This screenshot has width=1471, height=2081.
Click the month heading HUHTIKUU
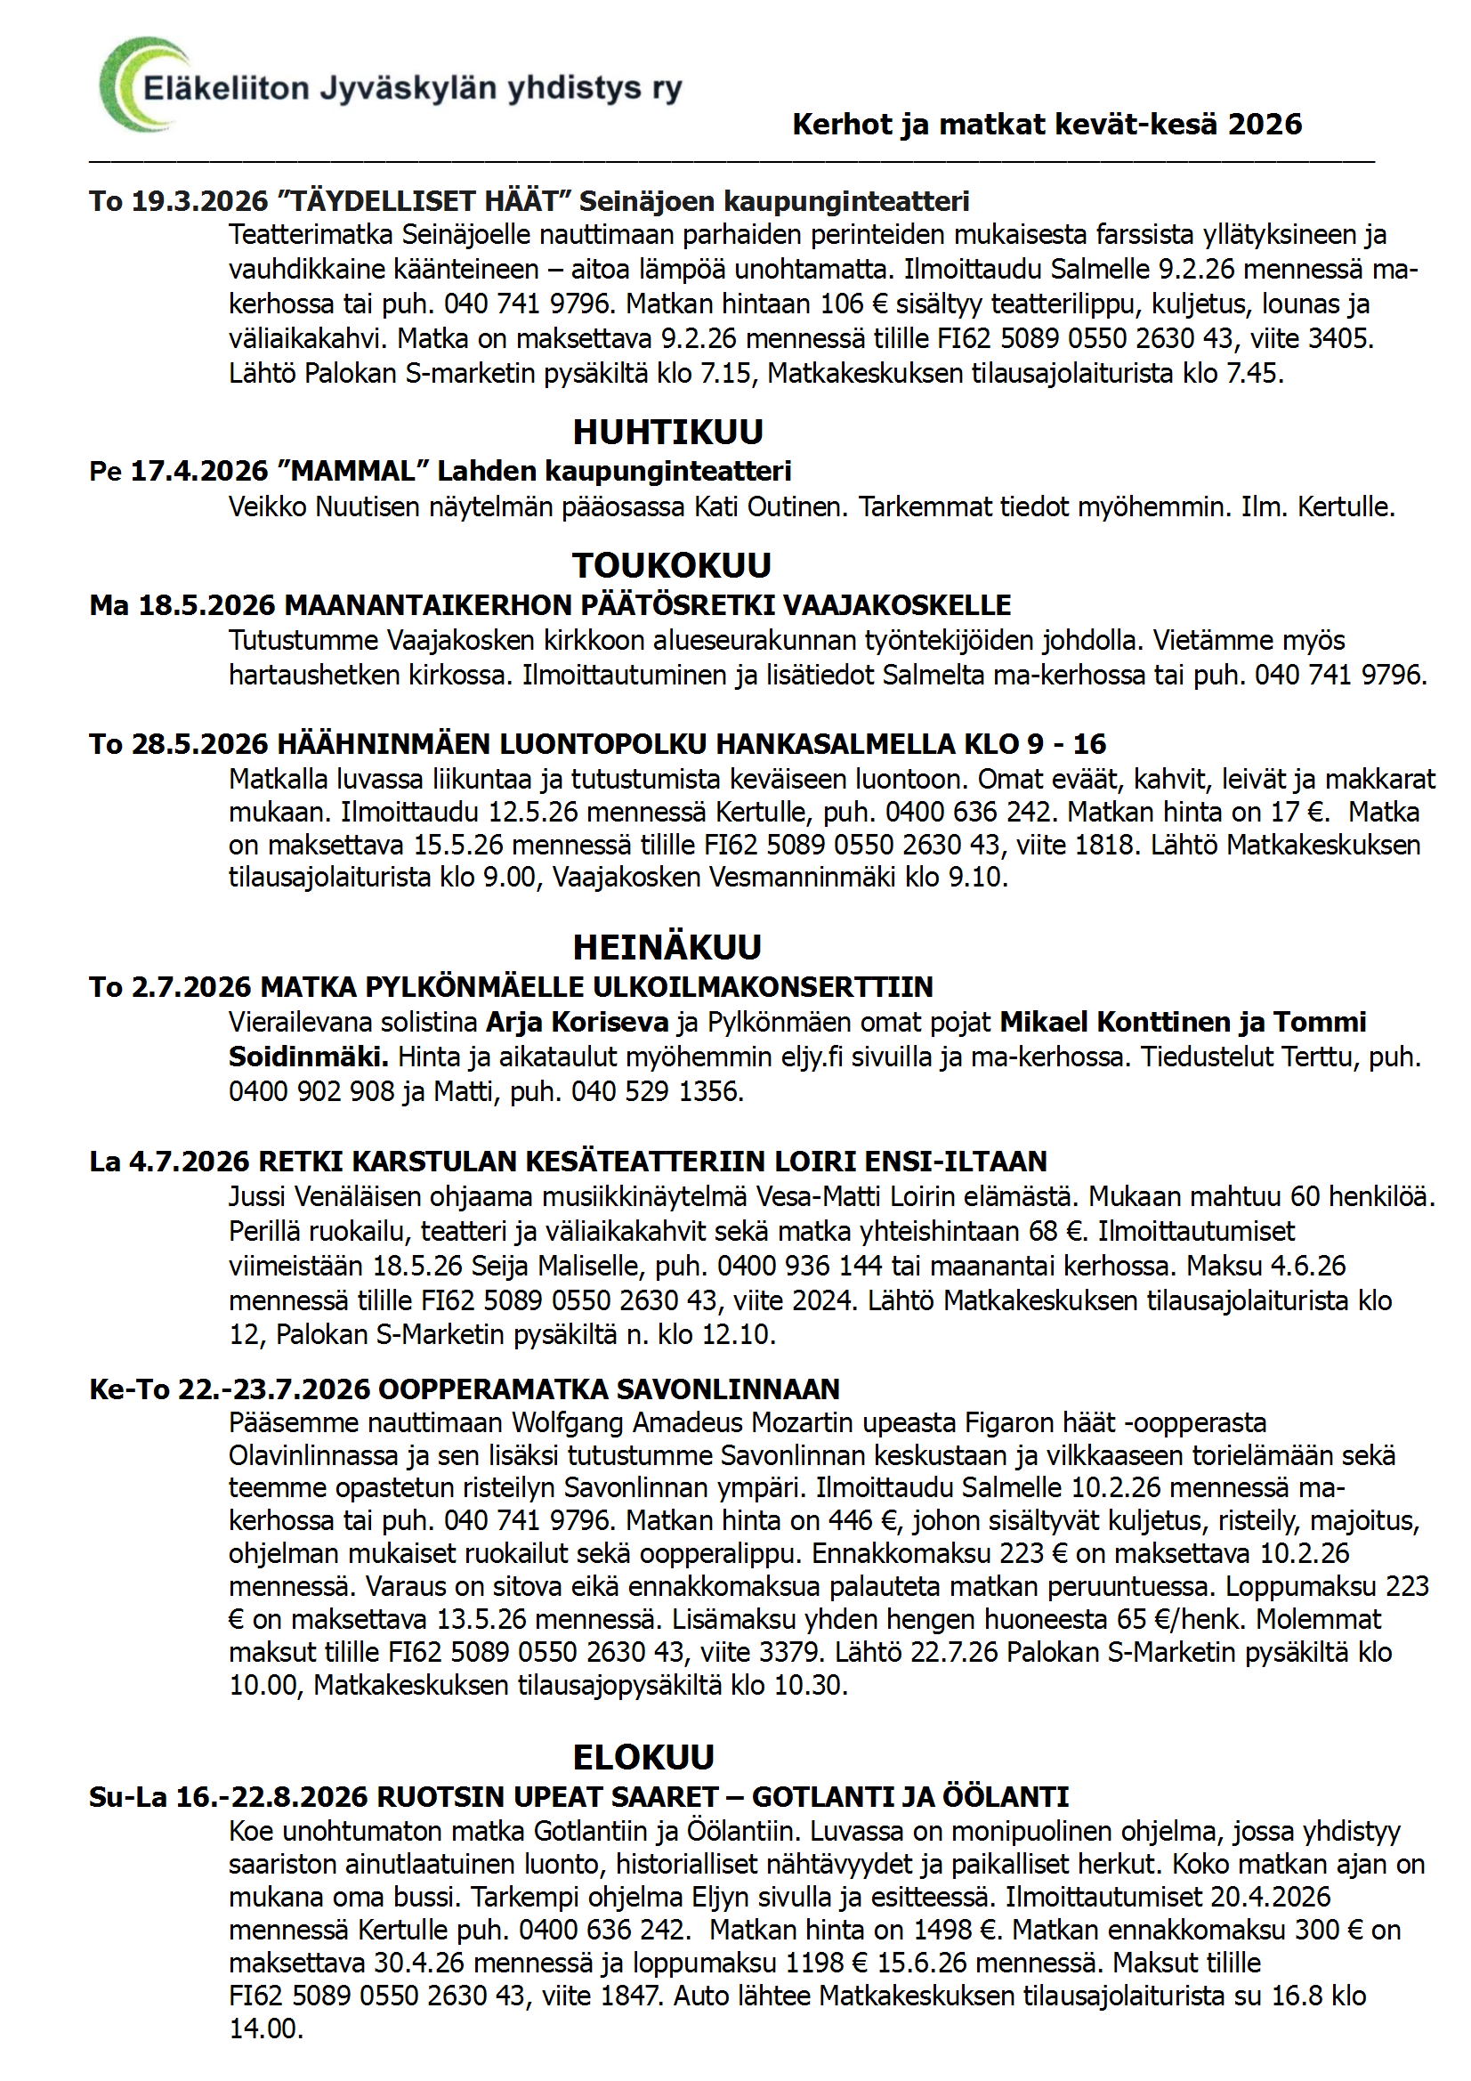tap(668, 433)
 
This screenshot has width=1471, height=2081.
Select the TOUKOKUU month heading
tap(672, 565)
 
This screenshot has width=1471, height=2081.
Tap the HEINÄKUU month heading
tap(667, 947)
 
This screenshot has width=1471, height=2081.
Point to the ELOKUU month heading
tap(643, 1757)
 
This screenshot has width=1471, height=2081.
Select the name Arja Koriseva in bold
tap(578, 1023)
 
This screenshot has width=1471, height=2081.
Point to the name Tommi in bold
tap(1320, 1023)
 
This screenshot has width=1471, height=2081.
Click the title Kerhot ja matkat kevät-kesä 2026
tap(1047, 125)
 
